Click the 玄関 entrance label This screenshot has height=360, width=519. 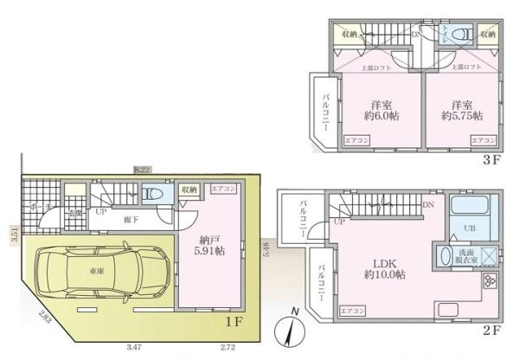[x=75, y=212]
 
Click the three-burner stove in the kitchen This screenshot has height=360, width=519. [x=490, y=282]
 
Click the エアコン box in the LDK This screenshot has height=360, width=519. [x=352, y=309]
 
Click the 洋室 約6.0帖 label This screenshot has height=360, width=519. [x=381, y=109]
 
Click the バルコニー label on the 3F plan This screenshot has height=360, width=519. [x=325, y=111]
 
